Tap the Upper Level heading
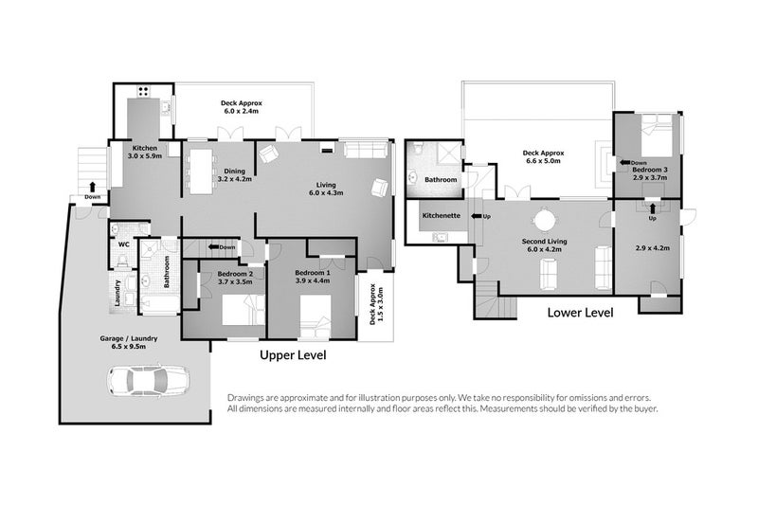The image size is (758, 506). [293, 356]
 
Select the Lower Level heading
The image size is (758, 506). [580, 312]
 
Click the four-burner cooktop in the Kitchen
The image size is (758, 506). [146, 92]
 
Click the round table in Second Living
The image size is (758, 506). [545, 220]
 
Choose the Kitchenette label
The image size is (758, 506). [441, 216]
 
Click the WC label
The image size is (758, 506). [122, 244]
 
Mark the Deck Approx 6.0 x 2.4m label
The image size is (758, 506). [242, 106]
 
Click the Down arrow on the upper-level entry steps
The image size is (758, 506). [92, 187]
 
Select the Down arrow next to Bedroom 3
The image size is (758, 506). [626, 163]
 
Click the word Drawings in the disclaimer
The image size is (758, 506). [249, 398]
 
